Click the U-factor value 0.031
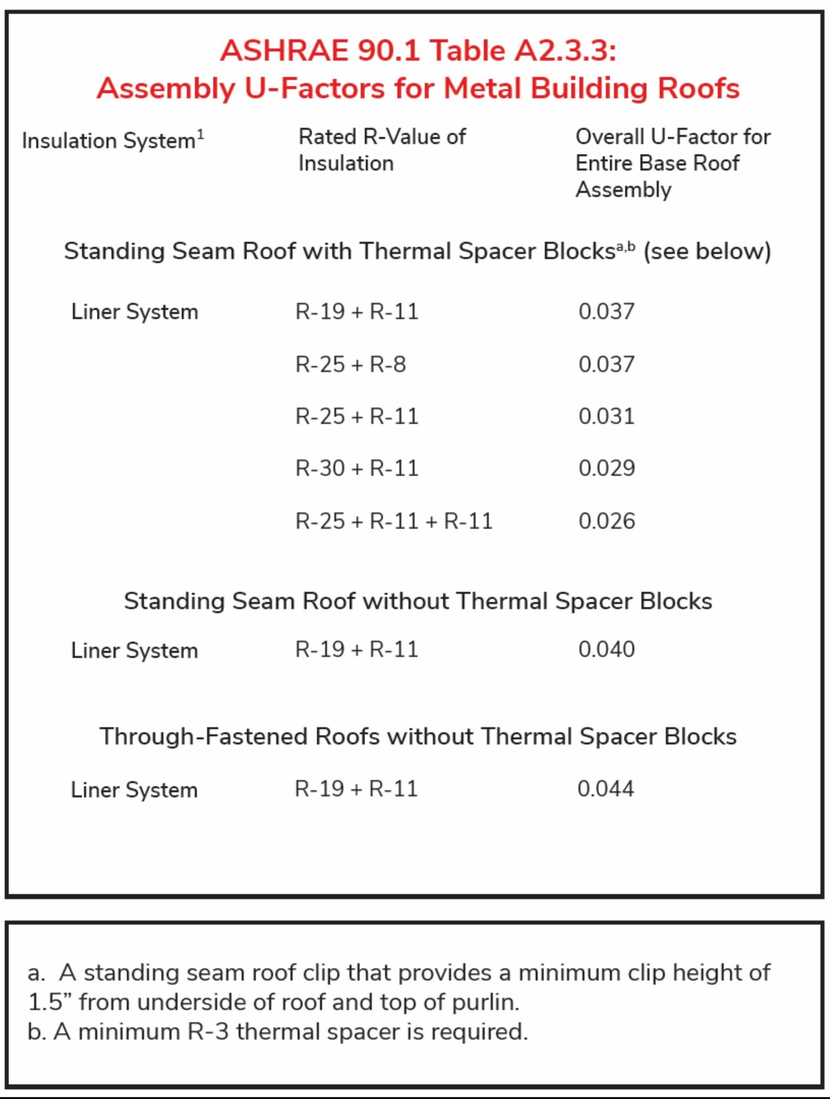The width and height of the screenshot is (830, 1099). pyautogui.click(x=606, y=416)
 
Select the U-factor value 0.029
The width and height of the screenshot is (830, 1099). pyautogui.click(x=606, y=468)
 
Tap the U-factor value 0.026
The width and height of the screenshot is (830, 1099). pyautogui.click(x=606, y=521)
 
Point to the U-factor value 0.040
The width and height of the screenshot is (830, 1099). pyautogui.click(x=606, y=649)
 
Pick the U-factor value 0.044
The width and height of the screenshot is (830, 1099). pyautogui.click(x=605, y=789)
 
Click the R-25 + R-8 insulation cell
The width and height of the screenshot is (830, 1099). pyautogui.click(x=350, y=364)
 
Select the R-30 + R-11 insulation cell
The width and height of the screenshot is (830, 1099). pyautogui.click(x=356, y=468)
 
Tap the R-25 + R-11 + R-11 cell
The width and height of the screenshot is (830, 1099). pyautogui.click(x=394, y=521)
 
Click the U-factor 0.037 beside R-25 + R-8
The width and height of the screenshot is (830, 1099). pyautogui.click(x=606, y=364)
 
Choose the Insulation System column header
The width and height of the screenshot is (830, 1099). pyautogui.click(x=109, y=141)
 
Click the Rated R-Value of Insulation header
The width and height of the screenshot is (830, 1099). pyautogui.click(x=382, y=150)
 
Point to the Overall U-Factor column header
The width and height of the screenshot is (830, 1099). pyautogui.click(x=673, y=163)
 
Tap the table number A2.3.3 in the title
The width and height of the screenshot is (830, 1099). pyautogui.click(x=565, y=50)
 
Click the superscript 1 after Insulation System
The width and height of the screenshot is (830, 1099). pyautogui.click(x=200, y=135)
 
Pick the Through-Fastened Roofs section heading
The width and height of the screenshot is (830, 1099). pyautogui.click(x=418, y=736)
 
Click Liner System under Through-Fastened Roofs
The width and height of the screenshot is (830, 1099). pyautogui.click(x=134, y=790)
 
